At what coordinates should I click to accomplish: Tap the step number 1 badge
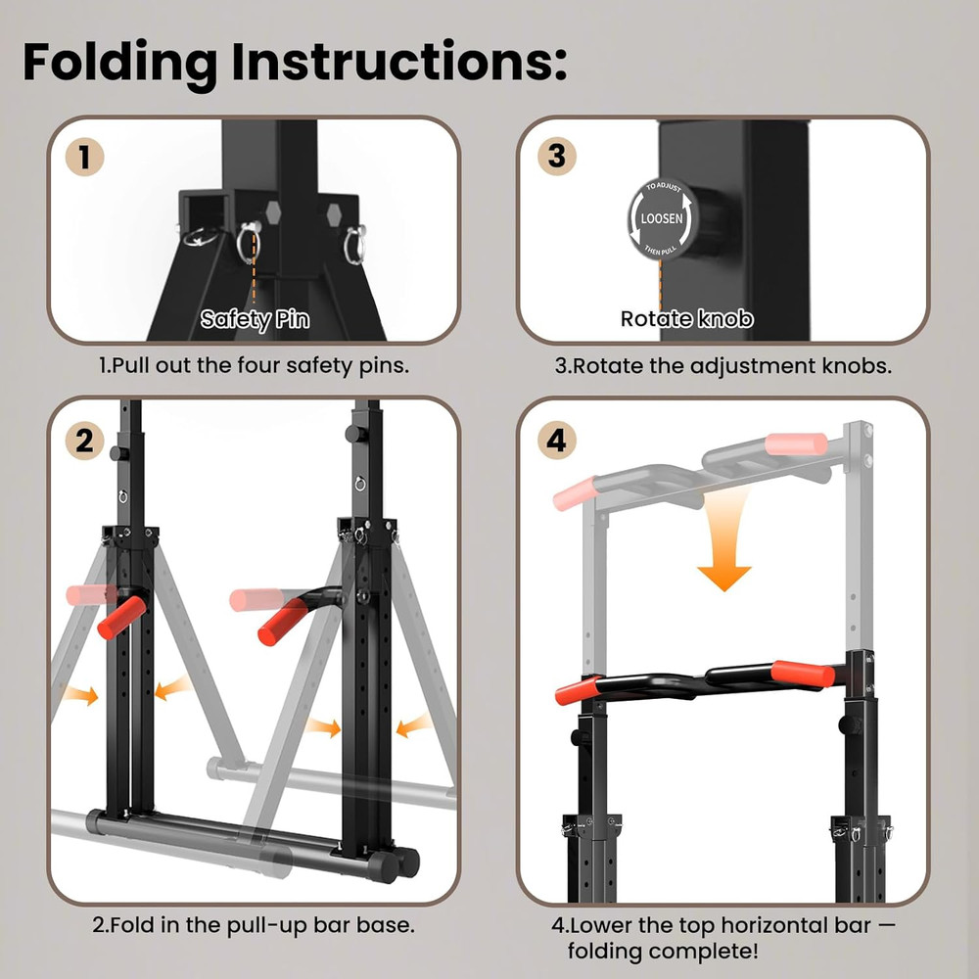pos(85,158)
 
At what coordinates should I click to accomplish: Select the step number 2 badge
pos(85,441)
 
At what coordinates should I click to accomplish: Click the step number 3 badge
pos(556,158)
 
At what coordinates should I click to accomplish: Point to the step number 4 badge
pos(556,441)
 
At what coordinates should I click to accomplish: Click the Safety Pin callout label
pos(255,319)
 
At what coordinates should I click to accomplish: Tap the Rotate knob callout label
pos(686,319)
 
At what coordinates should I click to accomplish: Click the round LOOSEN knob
pos(661,219)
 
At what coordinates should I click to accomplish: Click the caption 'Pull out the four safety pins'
pos(254,365)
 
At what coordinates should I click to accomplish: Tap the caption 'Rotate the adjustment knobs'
pos(723,365)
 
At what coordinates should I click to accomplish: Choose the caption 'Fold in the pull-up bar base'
pos(254,924)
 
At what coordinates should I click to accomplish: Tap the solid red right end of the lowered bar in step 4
pos(803,674)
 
